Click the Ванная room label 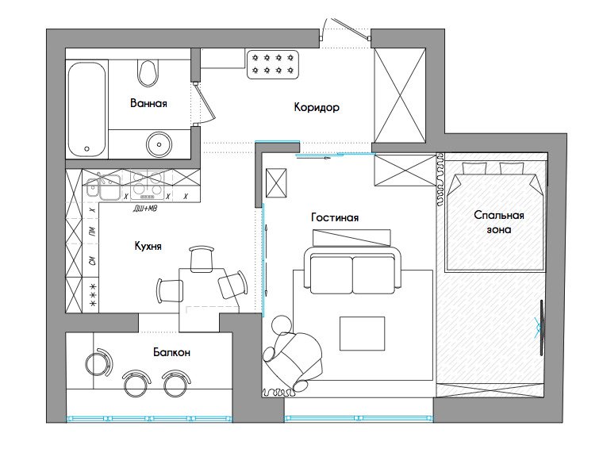coord(148,103)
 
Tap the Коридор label coord(317,107)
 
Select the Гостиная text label coord(335,217)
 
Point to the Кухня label coord(148,246)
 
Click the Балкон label coord(171,352)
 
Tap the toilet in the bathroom coord(148,72)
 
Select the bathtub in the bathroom coord(87,109)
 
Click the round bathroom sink coord(159,144)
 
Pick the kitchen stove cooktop coord(148,185)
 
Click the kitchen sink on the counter coord(102,186)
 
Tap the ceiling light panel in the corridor coord(273,64)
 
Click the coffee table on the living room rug coord(362,333)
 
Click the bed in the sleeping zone coord(494,217)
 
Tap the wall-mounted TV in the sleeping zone coord(541,328)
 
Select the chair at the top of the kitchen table coord(201,259)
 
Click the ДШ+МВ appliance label coord(145,209)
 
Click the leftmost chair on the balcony coord(99,362)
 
